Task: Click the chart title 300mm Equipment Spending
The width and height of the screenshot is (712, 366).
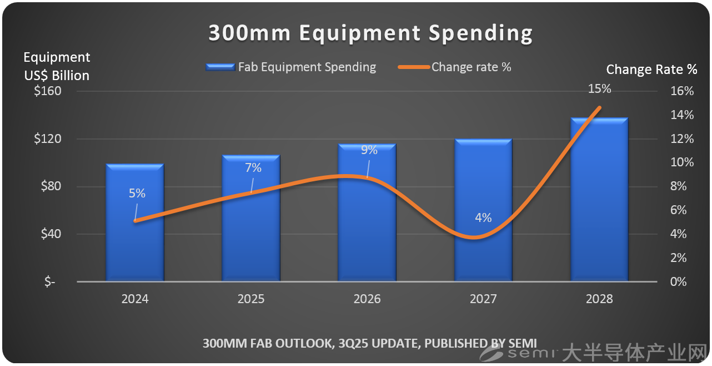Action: point(370,33)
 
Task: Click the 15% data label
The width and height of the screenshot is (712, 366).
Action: point(600,88)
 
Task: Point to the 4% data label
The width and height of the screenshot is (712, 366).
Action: point(483,218)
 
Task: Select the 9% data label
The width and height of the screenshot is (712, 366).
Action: point(369,150)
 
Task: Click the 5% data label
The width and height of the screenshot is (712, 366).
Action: point(137,194)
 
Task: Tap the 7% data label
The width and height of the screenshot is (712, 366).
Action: point(253,167)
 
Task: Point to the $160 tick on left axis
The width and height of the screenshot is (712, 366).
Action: point(48,91)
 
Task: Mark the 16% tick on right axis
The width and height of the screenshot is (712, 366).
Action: point(681,91)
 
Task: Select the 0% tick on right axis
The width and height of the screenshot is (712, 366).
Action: point(678,282)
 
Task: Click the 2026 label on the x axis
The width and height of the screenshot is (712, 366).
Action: point(367,299)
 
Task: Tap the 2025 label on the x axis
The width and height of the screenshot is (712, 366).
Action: point(251,299)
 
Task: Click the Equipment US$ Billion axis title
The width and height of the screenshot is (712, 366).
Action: point(57,66)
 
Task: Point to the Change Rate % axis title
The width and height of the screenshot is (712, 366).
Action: point(651,70)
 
